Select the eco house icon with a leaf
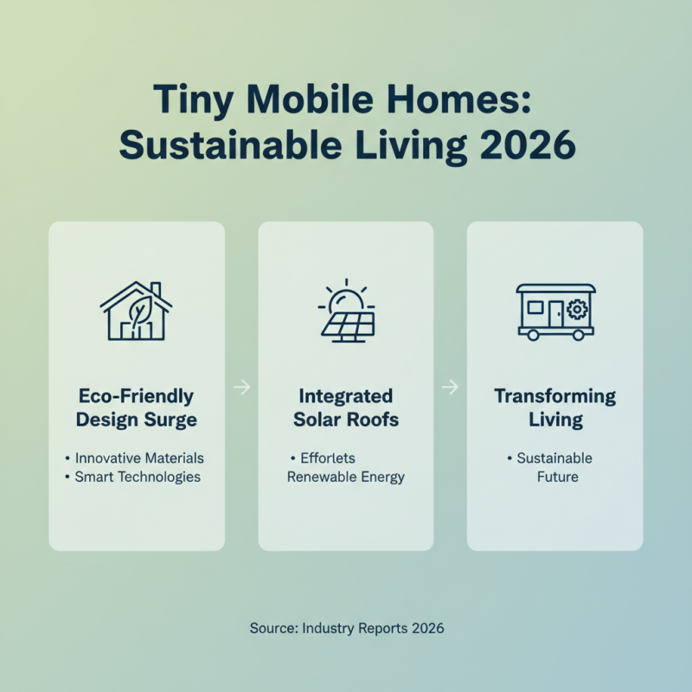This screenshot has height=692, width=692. tap(137, 311)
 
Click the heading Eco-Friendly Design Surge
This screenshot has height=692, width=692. tap(137, 408)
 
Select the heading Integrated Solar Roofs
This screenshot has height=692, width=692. tap(346, 408)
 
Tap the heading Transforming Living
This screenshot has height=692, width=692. tap(555, 408)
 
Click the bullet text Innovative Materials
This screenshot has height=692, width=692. tap(139, 458)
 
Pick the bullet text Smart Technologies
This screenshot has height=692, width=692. tap(138, 477)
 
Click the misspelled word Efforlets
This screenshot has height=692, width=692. tap(328, 458)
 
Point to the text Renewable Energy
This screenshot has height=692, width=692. tap(346, 477)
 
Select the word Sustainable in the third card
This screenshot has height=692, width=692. tap(554, 458)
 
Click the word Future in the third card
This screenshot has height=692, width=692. tap(558, 477)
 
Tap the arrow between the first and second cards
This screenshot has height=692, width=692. tap(241, 388)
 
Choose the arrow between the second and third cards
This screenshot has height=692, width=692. tap(450, 388)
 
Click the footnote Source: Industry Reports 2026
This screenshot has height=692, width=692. tap(346, 628)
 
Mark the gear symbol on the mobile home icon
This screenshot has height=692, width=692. tap(578, 310)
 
